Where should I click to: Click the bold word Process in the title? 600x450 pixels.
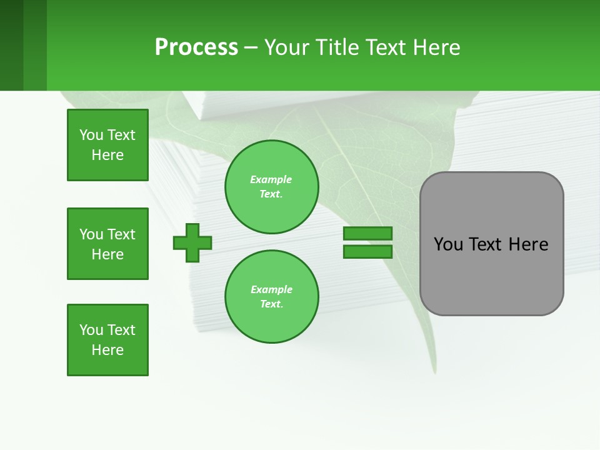point(196,47)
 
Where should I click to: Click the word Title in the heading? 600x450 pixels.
point(336,47)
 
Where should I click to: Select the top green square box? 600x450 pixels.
point(107,145)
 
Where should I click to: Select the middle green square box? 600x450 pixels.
point(107,244)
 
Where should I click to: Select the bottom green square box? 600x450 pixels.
point(107,340)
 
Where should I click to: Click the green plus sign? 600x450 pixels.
point(192,242)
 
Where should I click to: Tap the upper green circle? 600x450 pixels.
point(271,186)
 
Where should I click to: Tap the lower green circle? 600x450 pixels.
point(271,296)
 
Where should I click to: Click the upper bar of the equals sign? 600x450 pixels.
point(367,234)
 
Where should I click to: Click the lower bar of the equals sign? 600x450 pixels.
point(367,251)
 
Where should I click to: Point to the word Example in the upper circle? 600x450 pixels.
point(271,179)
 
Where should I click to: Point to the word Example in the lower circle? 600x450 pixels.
point(271,289)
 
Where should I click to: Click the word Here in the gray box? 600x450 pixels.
point(528,244)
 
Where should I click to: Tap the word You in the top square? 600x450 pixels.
point(91,135)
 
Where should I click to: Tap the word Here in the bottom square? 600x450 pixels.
point(107,350)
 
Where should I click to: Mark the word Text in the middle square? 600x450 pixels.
point(121,234)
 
